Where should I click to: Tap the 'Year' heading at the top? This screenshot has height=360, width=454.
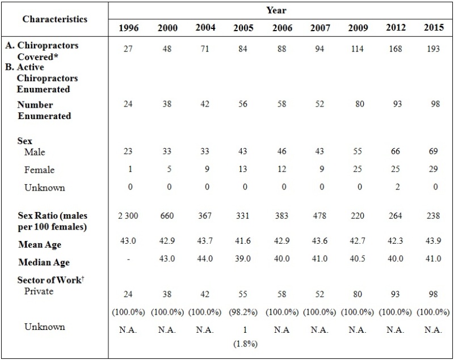(276, 10)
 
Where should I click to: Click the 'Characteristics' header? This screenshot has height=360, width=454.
(55, 19)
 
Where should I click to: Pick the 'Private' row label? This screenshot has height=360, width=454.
(39, 291)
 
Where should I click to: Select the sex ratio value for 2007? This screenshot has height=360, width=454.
(320, 215)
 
